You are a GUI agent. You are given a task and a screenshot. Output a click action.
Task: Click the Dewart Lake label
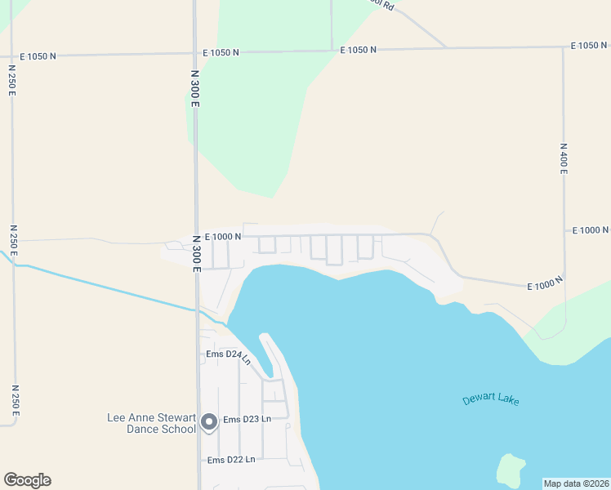490,399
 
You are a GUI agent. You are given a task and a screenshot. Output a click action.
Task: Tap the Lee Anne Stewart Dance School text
153,423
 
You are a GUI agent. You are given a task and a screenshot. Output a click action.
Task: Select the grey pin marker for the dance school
209,422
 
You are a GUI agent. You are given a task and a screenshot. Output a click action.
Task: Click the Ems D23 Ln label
247,420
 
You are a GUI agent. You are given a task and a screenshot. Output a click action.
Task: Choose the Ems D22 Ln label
231,460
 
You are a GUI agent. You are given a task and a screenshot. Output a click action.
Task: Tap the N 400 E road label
564,159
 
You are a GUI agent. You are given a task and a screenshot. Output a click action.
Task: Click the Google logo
27,480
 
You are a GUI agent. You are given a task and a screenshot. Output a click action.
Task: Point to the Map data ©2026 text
576,483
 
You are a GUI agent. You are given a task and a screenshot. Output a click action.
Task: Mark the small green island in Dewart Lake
511,470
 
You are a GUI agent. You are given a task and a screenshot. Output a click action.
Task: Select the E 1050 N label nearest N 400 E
589,46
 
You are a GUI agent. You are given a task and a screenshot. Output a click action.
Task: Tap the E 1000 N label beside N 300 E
223,236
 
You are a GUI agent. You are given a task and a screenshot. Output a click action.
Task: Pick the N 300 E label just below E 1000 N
196,253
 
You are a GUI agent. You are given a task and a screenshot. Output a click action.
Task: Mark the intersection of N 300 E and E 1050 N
195,54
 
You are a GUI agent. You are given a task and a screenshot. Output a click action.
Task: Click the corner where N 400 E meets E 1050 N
563,47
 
